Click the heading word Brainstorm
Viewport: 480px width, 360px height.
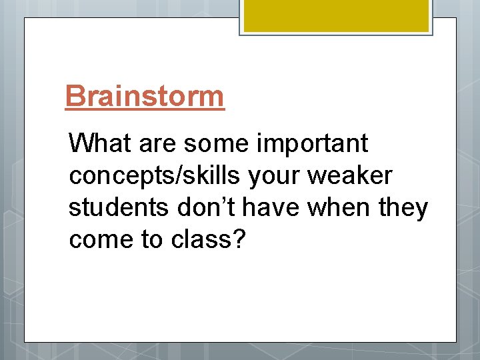pos(145,96)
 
